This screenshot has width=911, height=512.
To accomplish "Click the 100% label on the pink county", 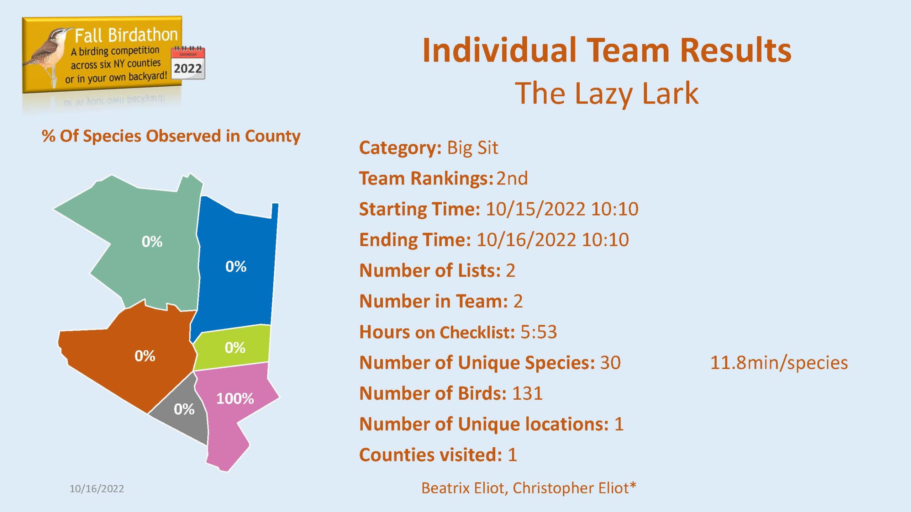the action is (235, 399).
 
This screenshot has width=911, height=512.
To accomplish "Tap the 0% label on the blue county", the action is (236, 266).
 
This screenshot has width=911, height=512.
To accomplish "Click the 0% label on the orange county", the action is (145, 356).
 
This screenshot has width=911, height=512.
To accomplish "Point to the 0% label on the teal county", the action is (152, 241).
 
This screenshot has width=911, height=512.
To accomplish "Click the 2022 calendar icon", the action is (188, 63).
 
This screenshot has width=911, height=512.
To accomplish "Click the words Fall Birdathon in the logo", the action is (126, 35).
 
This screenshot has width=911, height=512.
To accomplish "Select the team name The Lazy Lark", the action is (607, 93).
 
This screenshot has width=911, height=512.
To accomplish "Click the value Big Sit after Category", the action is (473, 148).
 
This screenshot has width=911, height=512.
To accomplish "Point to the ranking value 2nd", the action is (512, 178).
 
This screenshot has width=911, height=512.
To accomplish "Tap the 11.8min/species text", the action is (779, 363).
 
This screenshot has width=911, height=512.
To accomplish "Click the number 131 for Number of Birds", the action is (527, 393).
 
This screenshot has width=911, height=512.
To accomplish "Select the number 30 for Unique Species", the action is (611, 363).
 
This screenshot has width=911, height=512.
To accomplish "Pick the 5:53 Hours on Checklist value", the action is (539, 332).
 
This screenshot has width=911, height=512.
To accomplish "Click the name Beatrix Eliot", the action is (464, 488).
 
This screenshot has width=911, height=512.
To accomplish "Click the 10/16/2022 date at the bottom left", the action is (97, 489).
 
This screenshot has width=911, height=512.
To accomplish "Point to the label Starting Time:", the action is (420, 209).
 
